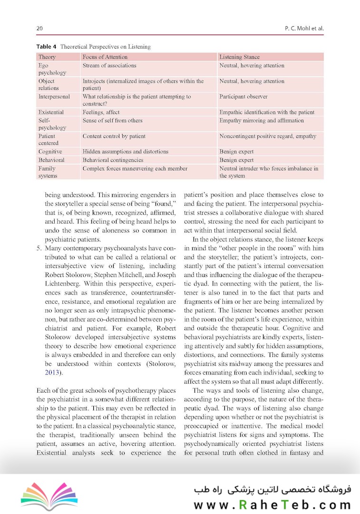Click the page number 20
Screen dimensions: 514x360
coord(39,29)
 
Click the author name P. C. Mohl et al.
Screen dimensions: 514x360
coord(303,29)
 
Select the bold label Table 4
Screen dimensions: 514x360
coord(47,47)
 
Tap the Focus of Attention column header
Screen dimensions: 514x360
coord(105,57)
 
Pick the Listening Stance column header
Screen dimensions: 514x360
coord(239,57)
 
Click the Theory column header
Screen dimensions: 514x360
coord(47,57)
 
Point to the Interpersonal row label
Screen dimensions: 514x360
coord(54,97)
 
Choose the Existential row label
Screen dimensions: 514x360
coord(51,112)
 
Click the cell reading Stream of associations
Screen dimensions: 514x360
coord(109,66)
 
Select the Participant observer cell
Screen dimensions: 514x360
coord(243,97)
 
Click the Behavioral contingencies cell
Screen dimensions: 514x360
coord(113,160)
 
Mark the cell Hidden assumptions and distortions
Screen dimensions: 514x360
coord(126,152)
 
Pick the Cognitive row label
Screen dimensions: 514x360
coord(50,152)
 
